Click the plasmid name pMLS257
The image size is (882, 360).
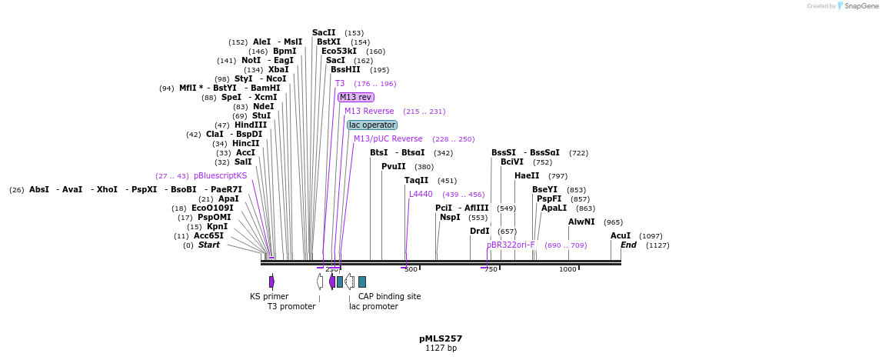pyautogui.click(x=441, y=338)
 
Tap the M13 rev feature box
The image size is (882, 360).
pyautogui.click(x=355, y=97)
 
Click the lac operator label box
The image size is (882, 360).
pyautogui.click(x=372, y=125)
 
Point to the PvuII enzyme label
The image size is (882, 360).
pyautogui.click(x=393, y=166)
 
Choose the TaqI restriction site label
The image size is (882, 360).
pyautogui.click(x=416, y=180)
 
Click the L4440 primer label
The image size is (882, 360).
pyautogui.click(x=421, y=194)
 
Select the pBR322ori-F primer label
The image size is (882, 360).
pyautogui.click(x=510, y=245)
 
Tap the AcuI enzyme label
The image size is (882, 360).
pyautogui.click(x=621, y=235)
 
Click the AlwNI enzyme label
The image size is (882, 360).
pyautogui.click(x=581, y=222)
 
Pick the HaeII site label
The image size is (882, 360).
pyautogui.click(x=527, y=175)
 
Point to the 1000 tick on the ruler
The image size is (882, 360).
pyautogui.click(x=567, y=269)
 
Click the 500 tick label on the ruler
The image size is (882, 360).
pyautogui.click(x=411, y=269)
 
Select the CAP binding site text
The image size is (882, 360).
pyautogui.click(x=389, y=296)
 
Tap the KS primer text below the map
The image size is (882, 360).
pyautogui.click(x=269, y=296)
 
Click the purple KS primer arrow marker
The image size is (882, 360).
pyautogui.click(x=271, y=282)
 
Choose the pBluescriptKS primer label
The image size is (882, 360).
pyautogui.click(x=220, y=175)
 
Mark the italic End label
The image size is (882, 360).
pyautogui.click(x=628, y=245)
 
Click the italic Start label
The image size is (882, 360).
pyautogui.click(x=208, y=245)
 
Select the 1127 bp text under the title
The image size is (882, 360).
pyautogui.click(x=441, y=348)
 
